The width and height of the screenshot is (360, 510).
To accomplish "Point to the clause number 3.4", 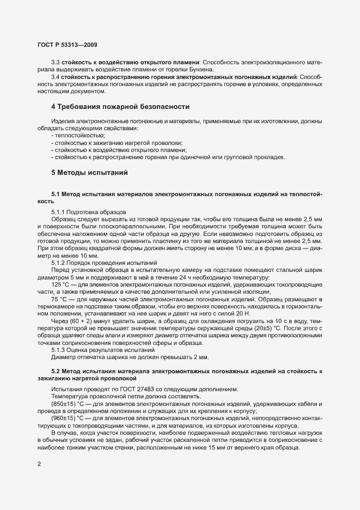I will [56, 78].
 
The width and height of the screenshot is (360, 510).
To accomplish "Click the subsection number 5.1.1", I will [59, 211].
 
